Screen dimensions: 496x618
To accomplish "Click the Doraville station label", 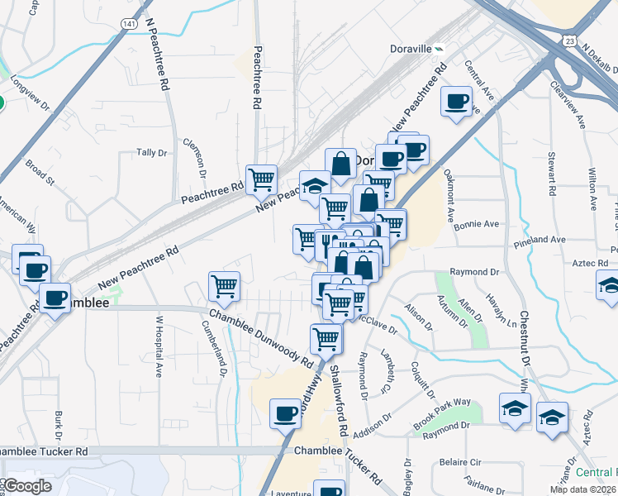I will pos(411,48).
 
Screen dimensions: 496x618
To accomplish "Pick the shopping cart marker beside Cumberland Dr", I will pos(224,287).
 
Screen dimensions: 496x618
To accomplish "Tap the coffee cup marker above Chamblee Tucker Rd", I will pos(286,413).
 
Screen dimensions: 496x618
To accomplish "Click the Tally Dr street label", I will pos(152,153).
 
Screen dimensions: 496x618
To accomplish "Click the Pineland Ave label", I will pos(537,240).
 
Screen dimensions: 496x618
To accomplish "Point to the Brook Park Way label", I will pos(443,412).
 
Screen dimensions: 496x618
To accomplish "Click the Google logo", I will pos(27,485).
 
